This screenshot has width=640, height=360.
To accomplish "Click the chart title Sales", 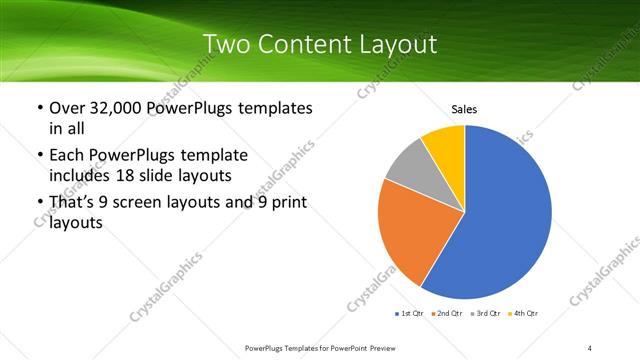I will (464, 108).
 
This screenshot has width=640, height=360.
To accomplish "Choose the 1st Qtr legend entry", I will (409, 314).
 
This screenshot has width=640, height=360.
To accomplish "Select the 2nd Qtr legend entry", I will (447, 314).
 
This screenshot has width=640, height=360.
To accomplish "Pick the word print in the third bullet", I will (289, 204).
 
